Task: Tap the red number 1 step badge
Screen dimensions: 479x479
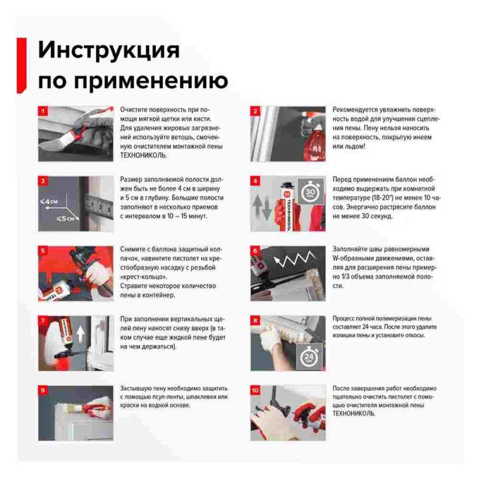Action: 43,111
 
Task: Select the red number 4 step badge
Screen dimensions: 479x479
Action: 256,181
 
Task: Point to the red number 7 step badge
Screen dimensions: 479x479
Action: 43,320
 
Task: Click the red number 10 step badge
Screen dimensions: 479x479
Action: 256,390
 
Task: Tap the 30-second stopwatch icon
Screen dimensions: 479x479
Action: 311,192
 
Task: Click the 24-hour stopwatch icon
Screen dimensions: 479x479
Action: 309,356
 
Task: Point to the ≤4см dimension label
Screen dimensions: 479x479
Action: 49,202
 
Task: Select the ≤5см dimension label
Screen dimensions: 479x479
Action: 65,219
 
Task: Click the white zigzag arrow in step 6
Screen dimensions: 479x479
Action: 294,258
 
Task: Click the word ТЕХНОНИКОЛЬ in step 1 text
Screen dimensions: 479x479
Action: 144,155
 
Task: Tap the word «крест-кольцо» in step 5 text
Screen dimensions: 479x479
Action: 144,277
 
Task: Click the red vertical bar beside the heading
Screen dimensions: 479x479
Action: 22,65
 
